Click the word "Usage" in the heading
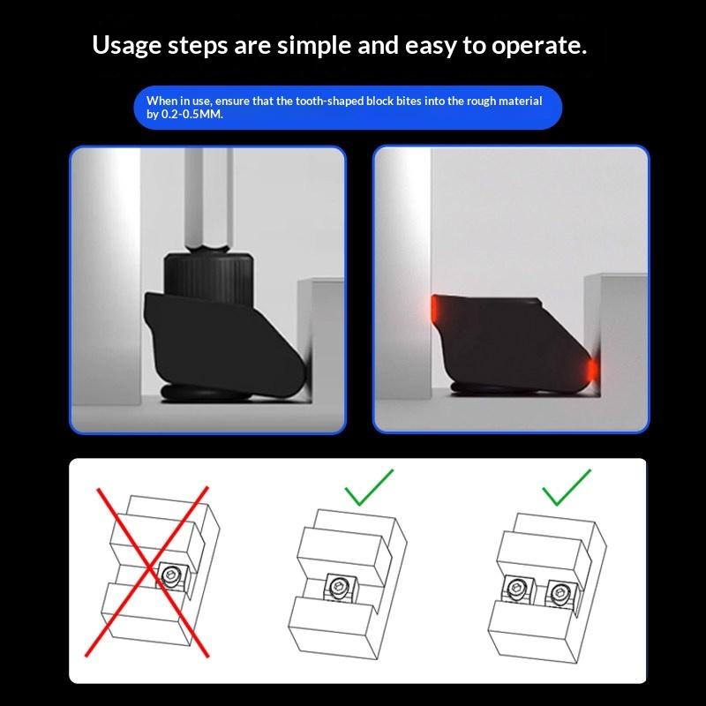pyautogui.click(x=126, y=46)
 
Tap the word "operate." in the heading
pyautogui.click(x=539, y=47)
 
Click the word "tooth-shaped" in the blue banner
pyautogui.click(x=329, y=101)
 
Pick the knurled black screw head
pyautogui.click(x=207, y=278)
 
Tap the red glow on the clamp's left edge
pyautogui.click(x=434, y=308)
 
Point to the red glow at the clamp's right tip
pyautogui.click(x=592, y=369)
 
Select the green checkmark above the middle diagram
pyautogui.click(x=368, y=488)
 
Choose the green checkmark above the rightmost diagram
pyautogui.click(x=567, y=488)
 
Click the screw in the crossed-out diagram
pyautogui.click(x=171, y=575)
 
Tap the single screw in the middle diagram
pyautogui.click(x=339, y=587)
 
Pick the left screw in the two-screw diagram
pyautogui.click(x=516, y=588)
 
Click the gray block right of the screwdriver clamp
pyautogui.click(x=321, y=338)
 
